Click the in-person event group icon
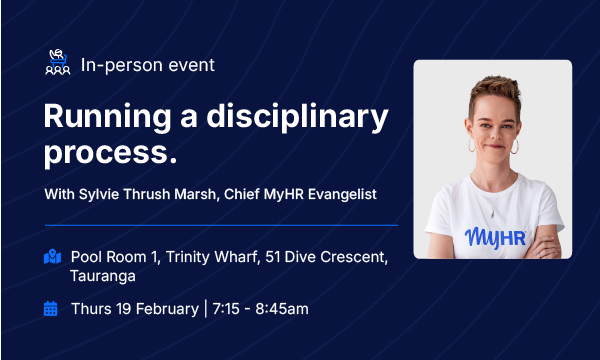[59, 65]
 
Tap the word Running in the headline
[102, 119]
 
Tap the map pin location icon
[52, 256]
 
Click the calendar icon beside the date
[51, 308]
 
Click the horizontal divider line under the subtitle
[220, 225]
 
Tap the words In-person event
[148, 65]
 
